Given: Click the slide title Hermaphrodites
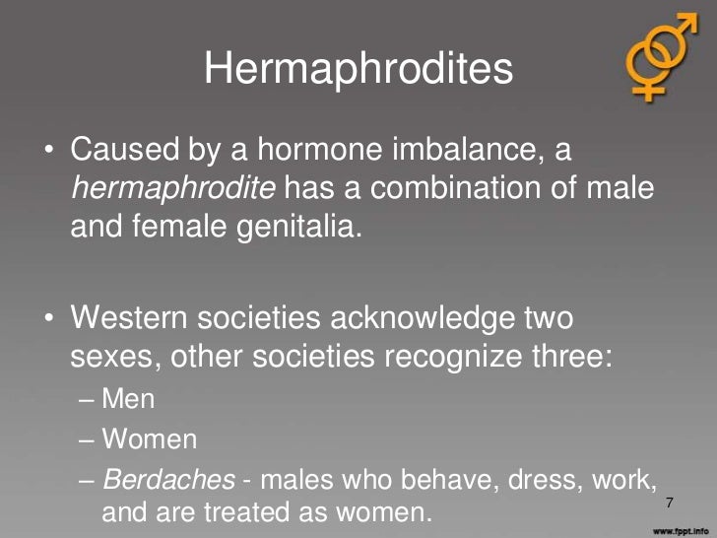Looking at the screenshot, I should [358, 68].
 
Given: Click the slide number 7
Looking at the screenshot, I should [670, 504].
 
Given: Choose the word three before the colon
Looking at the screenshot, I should [573, 357].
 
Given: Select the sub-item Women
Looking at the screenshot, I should [150, 438].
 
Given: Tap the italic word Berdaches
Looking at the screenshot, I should [168, 478].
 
